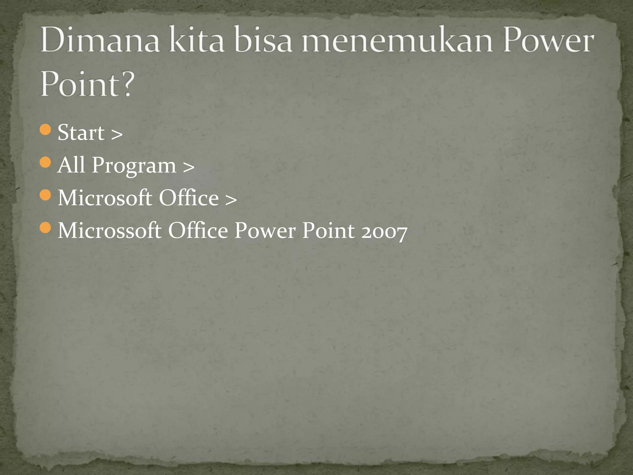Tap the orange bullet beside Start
[45, 130]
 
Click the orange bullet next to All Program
[45, 162]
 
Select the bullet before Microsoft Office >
[45, 195]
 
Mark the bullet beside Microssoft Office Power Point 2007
[45, 228]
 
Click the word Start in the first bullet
[81, 132]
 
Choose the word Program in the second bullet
[134, 166]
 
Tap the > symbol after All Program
[189, 167]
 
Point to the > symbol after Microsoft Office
[231, 200]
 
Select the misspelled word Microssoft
[109, 231]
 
